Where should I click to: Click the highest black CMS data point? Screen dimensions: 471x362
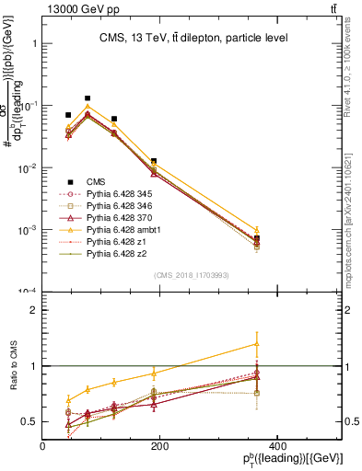click(x=88, y=98)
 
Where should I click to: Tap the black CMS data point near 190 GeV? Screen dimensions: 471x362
click(x=154, y=161)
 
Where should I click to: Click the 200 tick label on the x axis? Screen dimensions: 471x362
click(x=158, y=446)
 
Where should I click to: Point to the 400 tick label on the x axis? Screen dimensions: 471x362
click(x=275, y=446)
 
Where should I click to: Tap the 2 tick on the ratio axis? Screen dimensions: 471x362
click(x=34, y=310)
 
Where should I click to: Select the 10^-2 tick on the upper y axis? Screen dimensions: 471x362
click(x=27, y=168)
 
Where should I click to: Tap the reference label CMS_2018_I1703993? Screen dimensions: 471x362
click(x=192, y=275)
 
